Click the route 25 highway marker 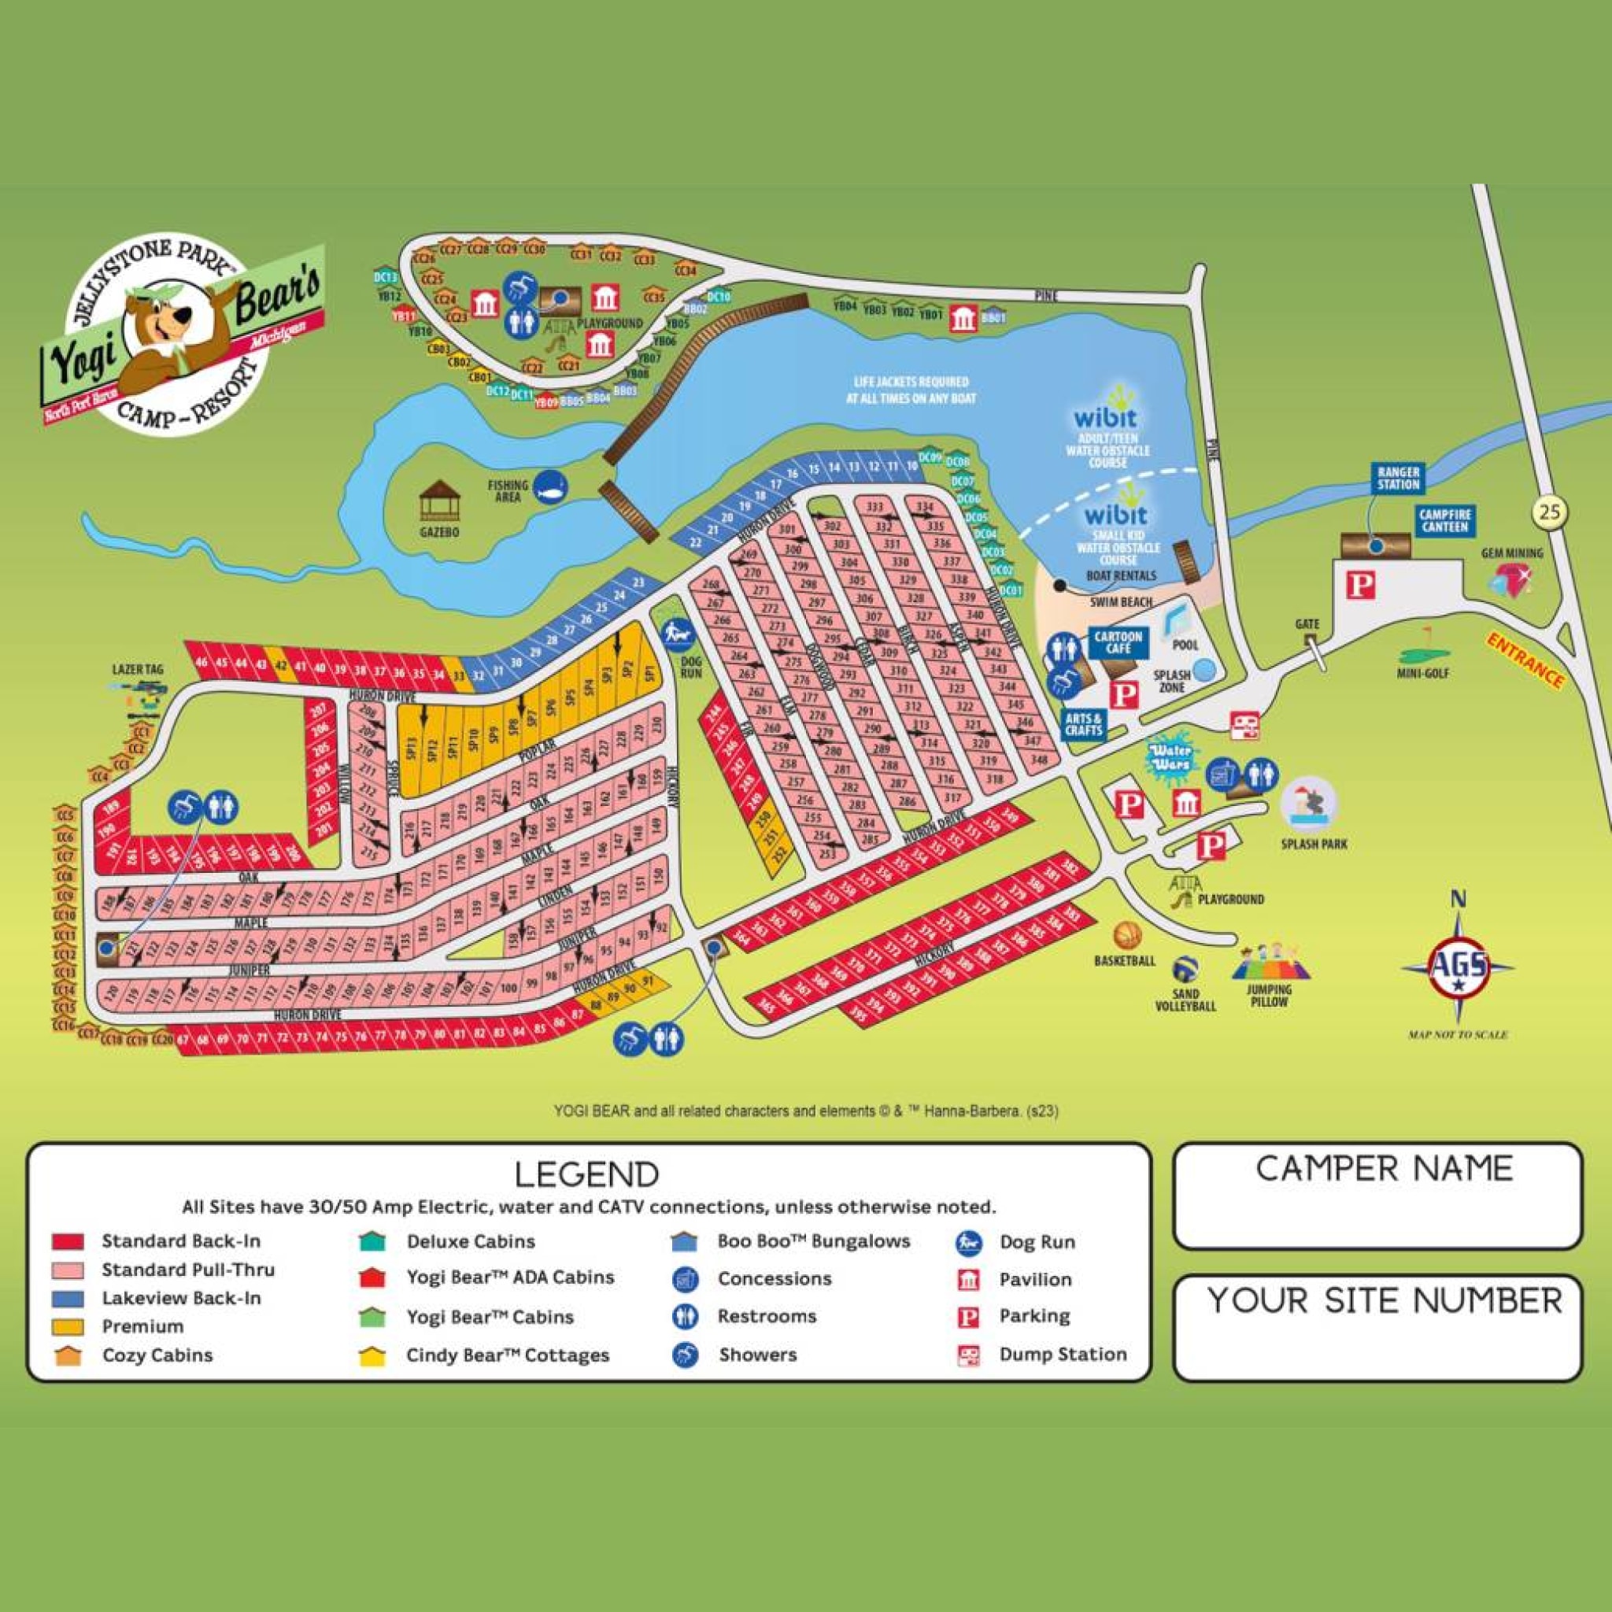[1549, 512]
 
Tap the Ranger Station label [1399, 478]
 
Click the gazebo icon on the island [440, 502]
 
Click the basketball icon [1126, 934]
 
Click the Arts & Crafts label [1083, 724]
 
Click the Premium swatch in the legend [68, 1326]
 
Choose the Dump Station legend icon [967, 1355]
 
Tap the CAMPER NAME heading [1385, 1168]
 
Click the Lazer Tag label [138, 669]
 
